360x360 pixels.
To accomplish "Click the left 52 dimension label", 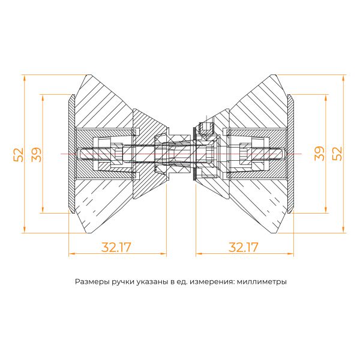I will pyautogui.click(x=19, y=154).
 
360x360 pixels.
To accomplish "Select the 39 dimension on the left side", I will pyautogui.click(x=37, y=154).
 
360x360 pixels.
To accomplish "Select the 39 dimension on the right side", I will pyautogui.click(x=320, y=154).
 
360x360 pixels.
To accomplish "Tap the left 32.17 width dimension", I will pyautogui.click(x=116, y=247).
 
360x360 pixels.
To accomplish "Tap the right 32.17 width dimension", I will pyautogui.click(x=244, y=247).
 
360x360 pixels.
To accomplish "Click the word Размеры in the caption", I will pyautogui.click(x=92, y=281).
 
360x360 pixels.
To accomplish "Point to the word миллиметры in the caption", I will pyautogui.click(x=262, y=281).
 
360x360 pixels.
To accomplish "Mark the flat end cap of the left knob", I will pyautogui.click(x=71, y=154).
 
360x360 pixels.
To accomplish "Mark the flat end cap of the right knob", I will pyautogui.click(x=291, y=154).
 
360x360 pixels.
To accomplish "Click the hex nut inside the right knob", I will pyautogui.click(x=245, y=154).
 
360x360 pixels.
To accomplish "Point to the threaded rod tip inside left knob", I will pyautogui.click(x=81, y=154).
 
